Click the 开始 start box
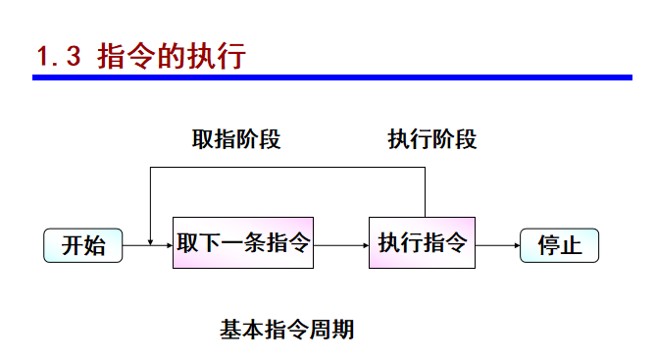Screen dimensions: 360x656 [82, 245]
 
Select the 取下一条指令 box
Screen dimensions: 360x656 [243, 243]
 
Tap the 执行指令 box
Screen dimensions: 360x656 [422, 243]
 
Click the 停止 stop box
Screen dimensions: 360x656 [559, 245]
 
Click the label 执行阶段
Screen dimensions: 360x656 [432, 139]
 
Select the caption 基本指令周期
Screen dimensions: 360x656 [286, 330]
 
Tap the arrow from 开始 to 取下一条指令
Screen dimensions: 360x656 [147, 245]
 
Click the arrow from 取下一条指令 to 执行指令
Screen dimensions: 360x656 [341, 245]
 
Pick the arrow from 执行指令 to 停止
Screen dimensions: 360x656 [497, 245]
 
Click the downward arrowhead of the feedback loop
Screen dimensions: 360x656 [149, 239]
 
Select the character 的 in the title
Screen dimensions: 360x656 [159, 56]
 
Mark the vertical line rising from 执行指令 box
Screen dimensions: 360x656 [425, 192]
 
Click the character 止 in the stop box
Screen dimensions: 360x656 [571, 245]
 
